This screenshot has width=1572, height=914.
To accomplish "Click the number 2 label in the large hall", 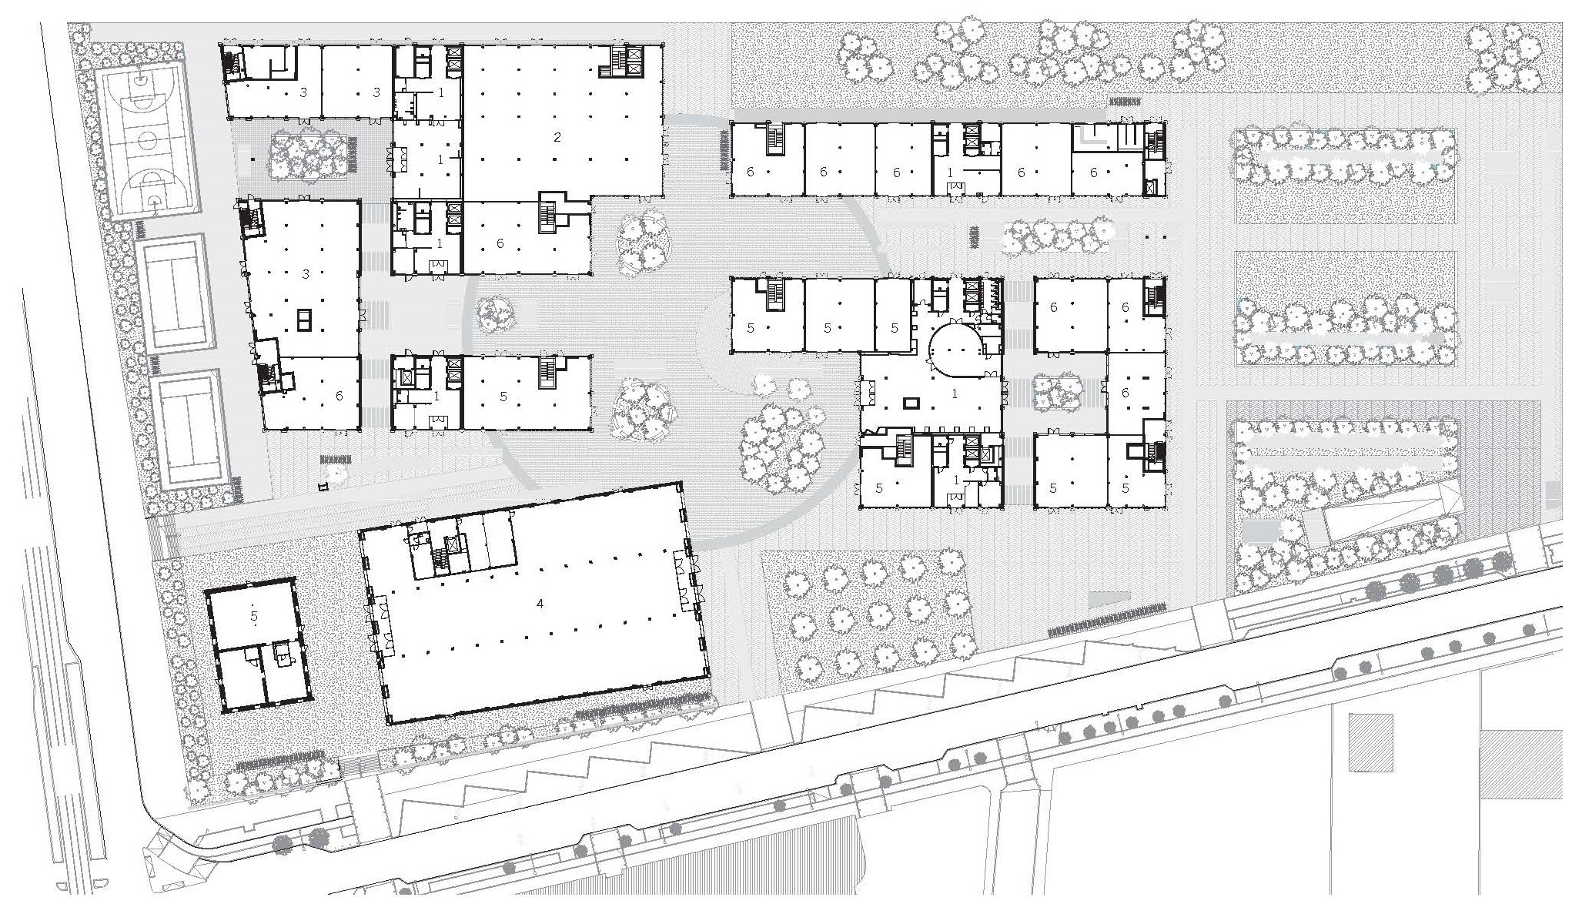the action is [x=557, y=138].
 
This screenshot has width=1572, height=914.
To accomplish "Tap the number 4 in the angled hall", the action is [x=540, y=604].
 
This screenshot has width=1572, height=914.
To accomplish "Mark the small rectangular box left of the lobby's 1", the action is [x=912, y=402].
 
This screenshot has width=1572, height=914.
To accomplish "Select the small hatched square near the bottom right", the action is [x=1371, y=742].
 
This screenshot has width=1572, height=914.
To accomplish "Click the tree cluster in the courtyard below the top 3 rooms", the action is [x=307, y=154].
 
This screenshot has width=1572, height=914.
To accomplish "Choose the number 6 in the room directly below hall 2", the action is [x=500, y=243].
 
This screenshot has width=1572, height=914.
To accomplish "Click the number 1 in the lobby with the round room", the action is [x=955, y=393].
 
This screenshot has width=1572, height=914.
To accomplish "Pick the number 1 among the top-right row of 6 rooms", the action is [x=950, y=172].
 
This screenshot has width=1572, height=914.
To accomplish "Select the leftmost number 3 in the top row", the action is [x=303, y=92].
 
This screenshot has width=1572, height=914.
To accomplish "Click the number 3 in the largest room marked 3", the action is [x=306, y=274].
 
